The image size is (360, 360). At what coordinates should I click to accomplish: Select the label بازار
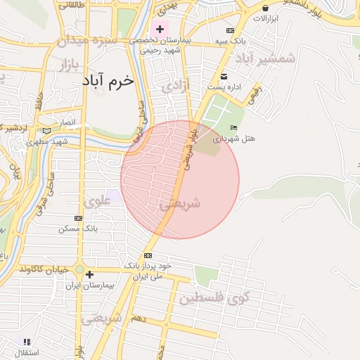[63, 65]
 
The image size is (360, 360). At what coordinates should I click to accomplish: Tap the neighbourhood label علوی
[98, 202]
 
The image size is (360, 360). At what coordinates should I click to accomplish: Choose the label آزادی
[172, 87]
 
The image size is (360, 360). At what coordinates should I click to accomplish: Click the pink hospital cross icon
[160, 30]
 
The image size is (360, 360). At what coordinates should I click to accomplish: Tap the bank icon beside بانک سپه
[230, 30]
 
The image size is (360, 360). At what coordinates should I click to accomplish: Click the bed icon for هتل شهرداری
[233, 127]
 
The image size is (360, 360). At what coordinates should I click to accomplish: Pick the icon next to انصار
[46, 131]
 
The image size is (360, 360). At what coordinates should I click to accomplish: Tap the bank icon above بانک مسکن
[78, 218]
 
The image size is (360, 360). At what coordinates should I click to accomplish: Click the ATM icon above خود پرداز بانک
[148, 255]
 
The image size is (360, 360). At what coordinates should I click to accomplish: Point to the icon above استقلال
[26, 342]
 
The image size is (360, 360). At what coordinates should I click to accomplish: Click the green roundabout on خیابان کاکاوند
[80, 270]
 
